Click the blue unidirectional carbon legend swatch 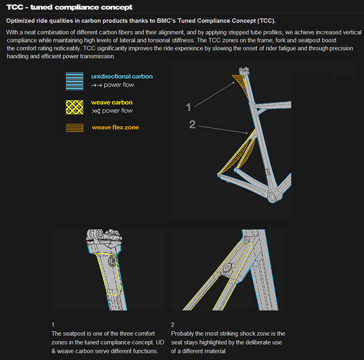tap(74, 81)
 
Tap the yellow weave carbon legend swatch tap(74, 107)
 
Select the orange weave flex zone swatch tap(74, 128)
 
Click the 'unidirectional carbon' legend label tap(122, 77)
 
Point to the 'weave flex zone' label tap(116, 127)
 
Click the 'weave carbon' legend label tap(112, 102)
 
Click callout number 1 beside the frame tap(188, 107)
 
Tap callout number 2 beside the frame tap(192, 124)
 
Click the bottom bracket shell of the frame tap(272, 196)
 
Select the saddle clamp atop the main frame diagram tap(244, 70)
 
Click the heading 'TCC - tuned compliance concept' tap(70, 7)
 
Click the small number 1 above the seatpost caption tap(53, 325)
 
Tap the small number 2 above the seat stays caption tap(173, 325)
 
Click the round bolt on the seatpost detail tap(112, 261)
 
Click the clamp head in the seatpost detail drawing tap(104, 237)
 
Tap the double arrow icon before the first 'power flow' tap(97, 85)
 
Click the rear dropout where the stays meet tap(219, 174)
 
